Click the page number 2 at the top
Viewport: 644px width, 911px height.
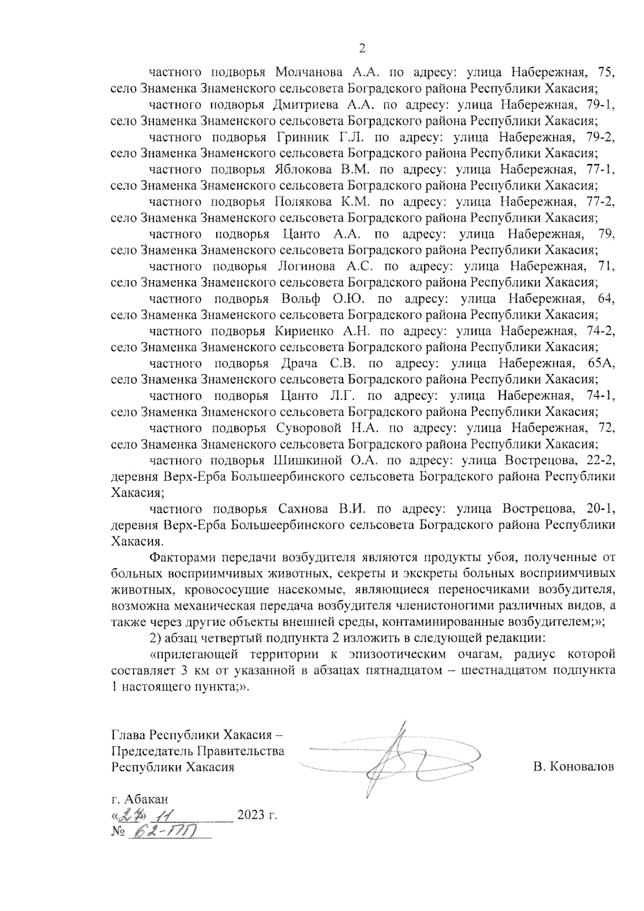pyautogui.click(x=361, y=49)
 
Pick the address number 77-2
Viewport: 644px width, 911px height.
pyautogui.click(x=597, y=202)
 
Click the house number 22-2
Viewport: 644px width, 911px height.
pyautogui.click(x=597, y=460)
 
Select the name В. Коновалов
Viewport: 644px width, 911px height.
pyautogui.click(x=574, y=767)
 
